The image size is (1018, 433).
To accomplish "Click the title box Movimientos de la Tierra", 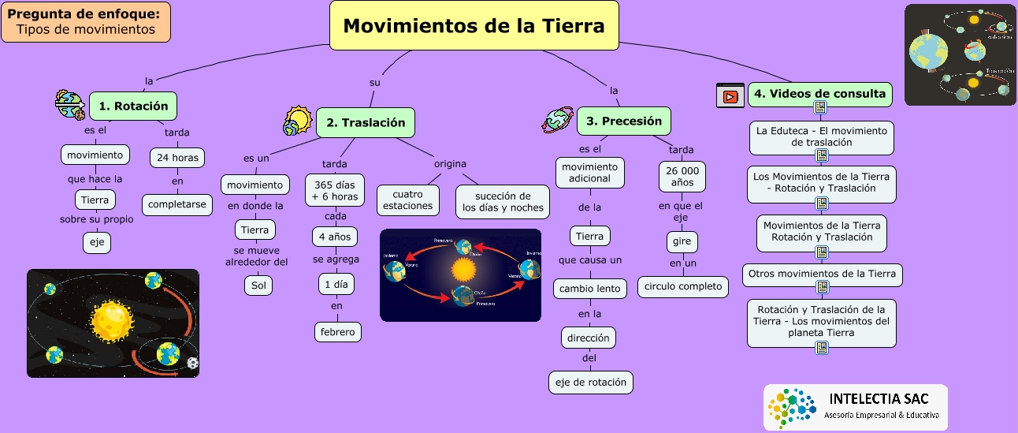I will click(474, 26).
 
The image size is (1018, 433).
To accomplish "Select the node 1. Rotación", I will click(133, 106).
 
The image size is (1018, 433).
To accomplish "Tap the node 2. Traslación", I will click(366, 122).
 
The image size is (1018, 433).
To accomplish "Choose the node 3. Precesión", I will click(624, 121).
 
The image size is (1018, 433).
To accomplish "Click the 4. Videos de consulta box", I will click(819, 94).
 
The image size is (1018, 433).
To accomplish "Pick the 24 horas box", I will click(177, 158).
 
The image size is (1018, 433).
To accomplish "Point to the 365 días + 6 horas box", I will click(334, 190).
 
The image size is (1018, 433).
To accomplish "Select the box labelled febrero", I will click(337, 331).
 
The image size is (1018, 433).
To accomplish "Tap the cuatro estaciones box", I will click(408, 200).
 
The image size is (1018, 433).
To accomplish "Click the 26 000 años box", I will click(682, 177).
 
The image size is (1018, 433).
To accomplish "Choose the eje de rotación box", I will click(591, 383).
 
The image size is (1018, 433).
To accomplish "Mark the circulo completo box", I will click(683, 286).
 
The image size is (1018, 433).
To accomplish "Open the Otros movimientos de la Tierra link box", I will click(822, 274).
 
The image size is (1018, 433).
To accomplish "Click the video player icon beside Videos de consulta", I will click(730, 95).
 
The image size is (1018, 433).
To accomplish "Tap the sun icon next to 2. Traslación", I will click(298, 121).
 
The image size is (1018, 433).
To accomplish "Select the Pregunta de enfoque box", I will click(86, 22).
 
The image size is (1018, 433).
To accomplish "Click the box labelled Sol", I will click(258, 285).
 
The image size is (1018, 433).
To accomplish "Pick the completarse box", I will click(177, 204).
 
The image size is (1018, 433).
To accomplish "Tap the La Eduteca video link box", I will click(822, 136).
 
